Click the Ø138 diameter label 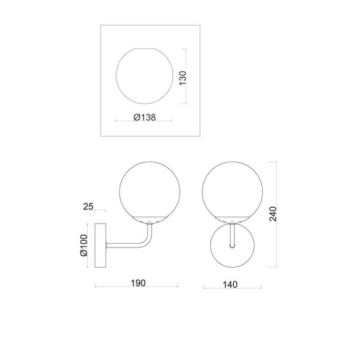[x=145, y=117]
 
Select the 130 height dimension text [x=183, y=78]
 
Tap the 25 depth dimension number [x=88, y=207]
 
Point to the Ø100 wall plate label [x=84, y=245]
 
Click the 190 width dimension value [x=138, y=283]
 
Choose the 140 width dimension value [x=230, y=285]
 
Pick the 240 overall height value [x=273, y=213]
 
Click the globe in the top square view [x=116, y=76]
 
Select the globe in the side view [x=119, y=191]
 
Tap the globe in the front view [x=202, y=191]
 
